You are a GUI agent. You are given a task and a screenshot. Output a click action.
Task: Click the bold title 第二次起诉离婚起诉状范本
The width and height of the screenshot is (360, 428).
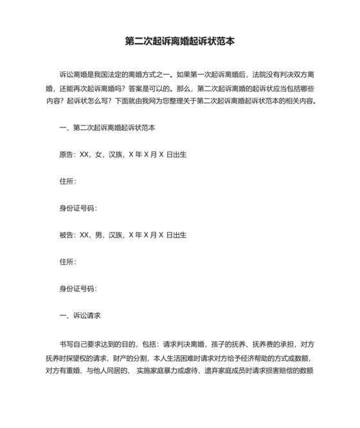click(x=179, y=41)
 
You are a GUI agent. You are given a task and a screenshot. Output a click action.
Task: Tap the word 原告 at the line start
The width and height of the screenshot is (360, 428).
click(x=66, y=154)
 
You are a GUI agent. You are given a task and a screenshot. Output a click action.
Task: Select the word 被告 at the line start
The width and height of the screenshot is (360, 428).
click(x=66, y=235)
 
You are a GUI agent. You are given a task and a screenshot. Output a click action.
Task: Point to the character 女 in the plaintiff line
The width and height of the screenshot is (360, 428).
click(x=98, y=154)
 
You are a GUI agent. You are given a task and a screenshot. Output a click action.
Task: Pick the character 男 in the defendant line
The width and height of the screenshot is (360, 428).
click(x=98, y=235)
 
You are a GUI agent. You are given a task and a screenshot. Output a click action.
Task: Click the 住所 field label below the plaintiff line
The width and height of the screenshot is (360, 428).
click(x=67, y=181)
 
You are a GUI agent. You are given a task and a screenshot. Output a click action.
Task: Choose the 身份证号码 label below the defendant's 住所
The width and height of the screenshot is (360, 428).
click(x=77, y=288)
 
